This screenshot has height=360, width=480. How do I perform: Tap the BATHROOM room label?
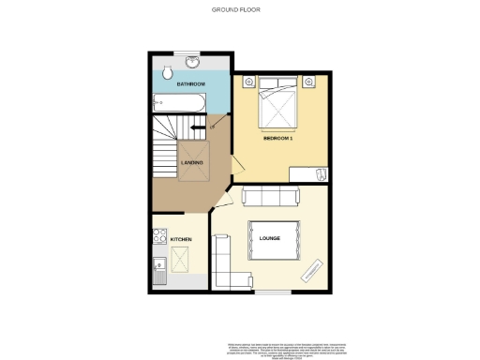point(191,84)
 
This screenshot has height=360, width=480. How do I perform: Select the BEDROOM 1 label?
point(278,139)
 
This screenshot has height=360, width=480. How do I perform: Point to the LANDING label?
point(192,164)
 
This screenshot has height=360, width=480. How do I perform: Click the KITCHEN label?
point(181,240)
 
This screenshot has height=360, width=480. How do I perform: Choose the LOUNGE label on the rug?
point(271,238)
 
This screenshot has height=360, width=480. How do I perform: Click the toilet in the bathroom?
point(166,72)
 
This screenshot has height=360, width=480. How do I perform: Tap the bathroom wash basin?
point(192,63)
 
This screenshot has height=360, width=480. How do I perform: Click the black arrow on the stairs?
point(198,127)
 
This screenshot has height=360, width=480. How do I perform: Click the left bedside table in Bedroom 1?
point(248,82)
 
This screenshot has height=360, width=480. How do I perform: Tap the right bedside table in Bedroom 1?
point(308,82)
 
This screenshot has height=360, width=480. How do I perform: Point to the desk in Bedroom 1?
point(309,173)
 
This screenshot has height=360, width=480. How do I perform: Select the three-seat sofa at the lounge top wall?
point(271,196)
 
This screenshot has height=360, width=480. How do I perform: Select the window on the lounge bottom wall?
point(271,292)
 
